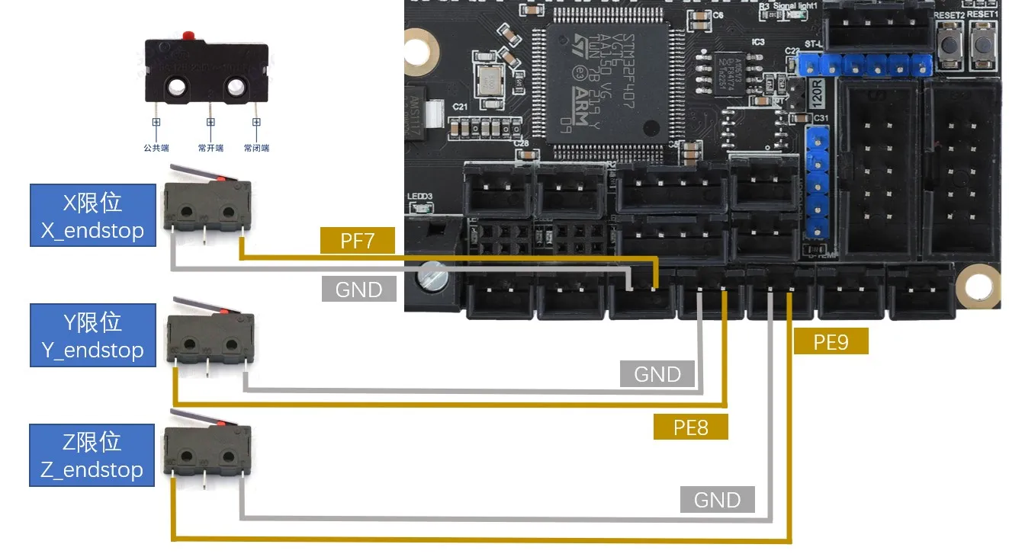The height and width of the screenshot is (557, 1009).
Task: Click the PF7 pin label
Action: (358, 241)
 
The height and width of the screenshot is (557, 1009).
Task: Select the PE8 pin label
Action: (690, 427)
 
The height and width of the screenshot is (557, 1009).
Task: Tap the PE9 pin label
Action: (831, 342)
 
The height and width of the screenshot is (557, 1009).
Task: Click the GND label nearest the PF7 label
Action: (358, 290)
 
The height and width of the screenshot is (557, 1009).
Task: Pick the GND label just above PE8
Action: (657, 374)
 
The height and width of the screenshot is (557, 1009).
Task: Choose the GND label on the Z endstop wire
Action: (717, 500)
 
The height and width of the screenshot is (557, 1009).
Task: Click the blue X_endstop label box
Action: (92, 216)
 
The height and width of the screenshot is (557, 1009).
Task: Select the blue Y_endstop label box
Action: (92, 335)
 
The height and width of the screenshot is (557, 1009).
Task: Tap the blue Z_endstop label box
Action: (92, 454)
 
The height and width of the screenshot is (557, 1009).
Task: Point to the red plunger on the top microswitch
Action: (187, 36)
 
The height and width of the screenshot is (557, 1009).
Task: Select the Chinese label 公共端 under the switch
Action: (156, 148)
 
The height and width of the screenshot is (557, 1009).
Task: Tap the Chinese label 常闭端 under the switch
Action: (256, 148)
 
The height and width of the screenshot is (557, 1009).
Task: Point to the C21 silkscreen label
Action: (459, 107)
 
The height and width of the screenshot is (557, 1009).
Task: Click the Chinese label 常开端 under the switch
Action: (210, 148)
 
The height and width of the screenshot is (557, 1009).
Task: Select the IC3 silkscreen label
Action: (757, 43)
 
